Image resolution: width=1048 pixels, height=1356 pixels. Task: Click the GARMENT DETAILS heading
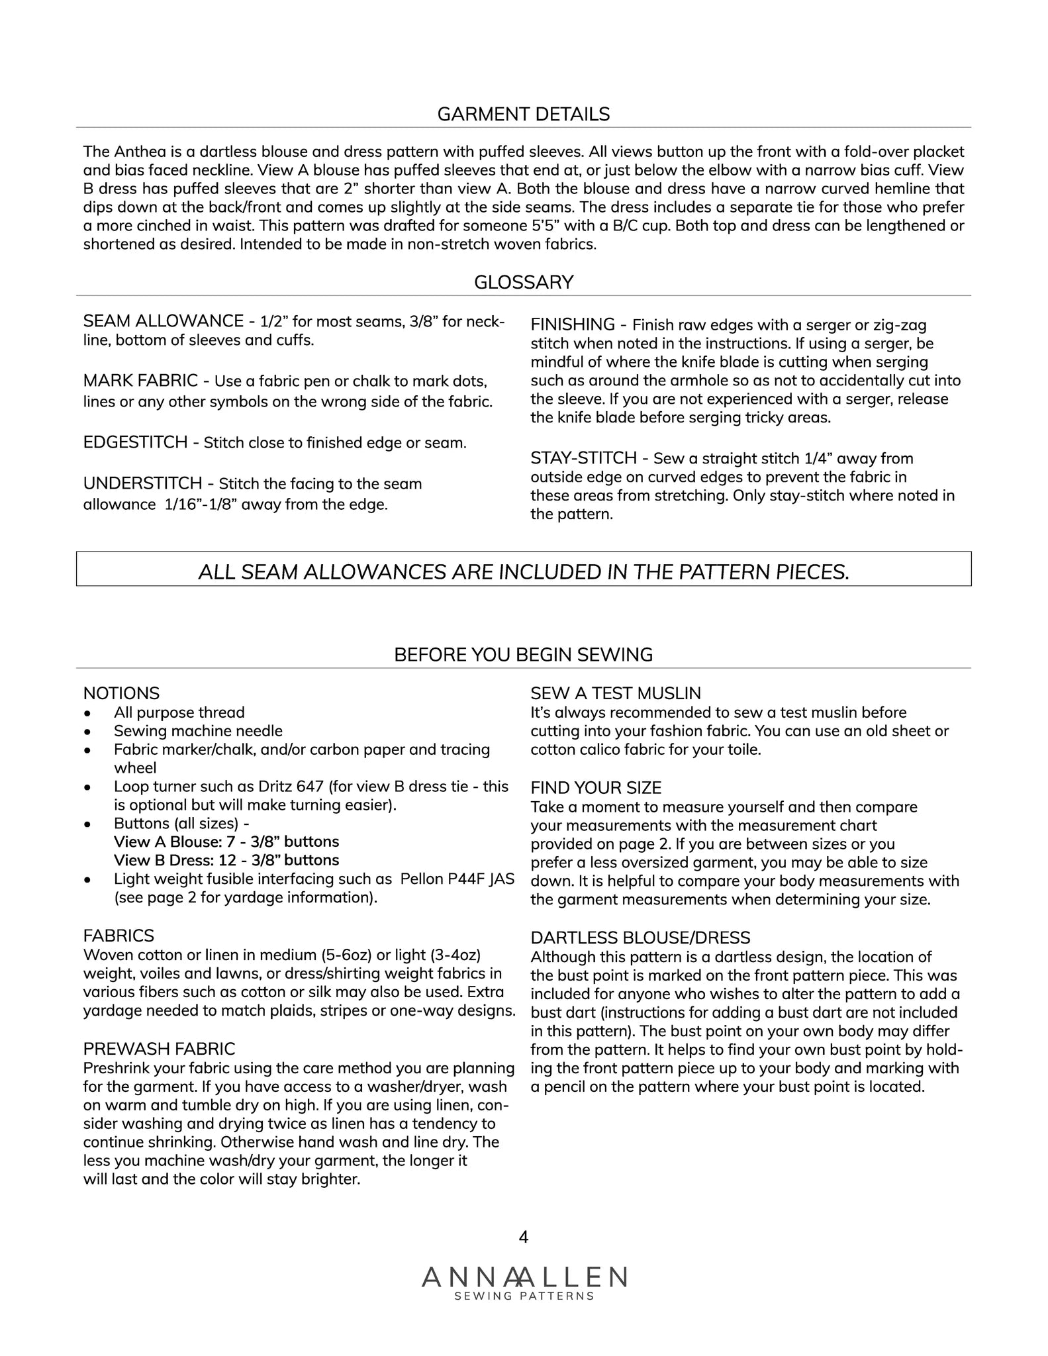[x=523, y=115]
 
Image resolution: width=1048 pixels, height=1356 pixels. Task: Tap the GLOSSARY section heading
[x=523, y=283]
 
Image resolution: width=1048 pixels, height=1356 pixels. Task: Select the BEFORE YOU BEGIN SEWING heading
[x=523, y=655]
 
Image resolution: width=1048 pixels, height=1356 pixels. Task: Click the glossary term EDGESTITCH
[x=135, y=442]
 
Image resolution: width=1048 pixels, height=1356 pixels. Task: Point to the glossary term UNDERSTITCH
[x=142, y=483]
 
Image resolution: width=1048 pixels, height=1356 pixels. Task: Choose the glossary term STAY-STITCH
[x=583, y=458]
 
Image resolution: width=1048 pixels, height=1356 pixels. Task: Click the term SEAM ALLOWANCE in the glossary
[x=163, y=321]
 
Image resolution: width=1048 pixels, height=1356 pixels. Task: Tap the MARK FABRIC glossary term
[x=140, y=381]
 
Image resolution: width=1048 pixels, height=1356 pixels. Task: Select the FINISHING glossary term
[x=573, y=324]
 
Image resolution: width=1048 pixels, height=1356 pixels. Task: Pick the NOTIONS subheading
[x=121, y=693]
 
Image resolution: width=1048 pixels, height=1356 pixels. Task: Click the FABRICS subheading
[x=119, y=936]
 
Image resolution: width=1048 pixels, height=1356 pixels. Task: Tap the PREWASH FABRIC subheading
[x=159, y=1049]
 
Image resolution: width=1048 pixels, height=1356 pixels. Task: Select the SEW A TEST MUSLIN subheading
[x=616, y=693]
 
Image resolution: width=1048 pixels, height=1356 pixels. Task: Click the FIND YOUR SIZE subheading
[x=596, y=788]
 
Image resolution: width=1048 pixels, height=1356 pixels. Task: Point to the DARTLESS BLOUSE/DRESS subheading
[x=640, y=938]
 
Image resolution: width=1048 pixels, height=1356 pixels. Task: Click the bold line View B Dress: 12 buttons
[x=226, y=860]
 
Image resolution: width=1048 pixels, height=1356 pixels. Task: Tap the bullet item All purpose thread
[x=179, y=712]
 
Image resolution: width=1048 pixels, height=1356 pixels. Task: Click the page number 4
[x=523, y=1237]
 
